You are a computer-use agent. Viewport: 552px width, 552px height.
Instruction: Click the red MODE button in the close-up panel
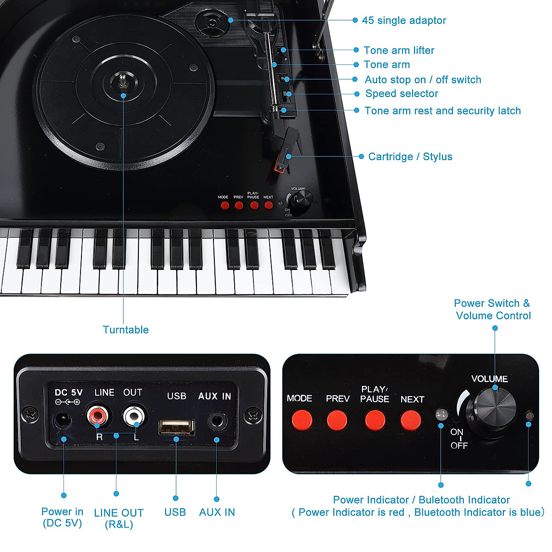click(x=302, y=420)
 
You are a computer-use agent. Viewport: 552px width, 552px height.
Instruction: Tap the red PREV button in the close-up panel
click(x=338, y=420)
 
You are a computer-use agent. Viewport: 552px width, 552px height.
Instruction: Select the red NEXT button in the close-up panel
click(x=410, y=420)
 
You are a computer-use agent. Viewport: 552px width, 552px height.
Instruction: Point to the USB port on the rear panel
click(x=176, y=426)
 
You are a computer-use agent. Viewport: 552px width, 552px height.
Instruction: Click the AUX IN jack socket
click(x=217, y=420)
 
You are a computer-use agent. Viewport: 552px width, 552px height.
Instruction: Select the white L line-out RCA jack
click(x=133, y=417)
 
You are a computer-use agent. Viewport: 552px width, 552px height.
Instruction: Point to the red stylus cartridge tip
click(x=279, y=167)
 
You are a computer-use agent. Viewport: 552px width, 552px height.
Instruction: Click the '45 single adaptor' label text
click(x=404, y=20)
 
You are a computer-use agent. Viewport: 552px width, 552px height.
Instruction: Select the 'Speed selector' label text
click(x=402, y=94)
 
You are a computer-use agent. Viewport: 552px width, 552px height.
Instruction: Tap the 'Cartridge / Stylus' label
click(x=410, y=157)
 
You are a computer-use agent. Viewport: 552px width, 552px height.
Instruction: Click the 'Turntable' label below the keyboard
click(x=126, y=330)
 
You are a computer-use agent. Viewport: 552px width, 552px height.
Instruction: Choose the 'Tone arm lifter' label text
click(x=399, y=50)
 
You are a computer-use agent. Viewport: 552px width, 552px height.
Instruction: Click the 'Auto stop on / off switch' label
click(x=423, y=80)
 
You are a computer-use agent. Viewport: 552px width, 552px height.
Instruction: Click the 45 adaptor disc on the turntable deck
click(x=212, y=22)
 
